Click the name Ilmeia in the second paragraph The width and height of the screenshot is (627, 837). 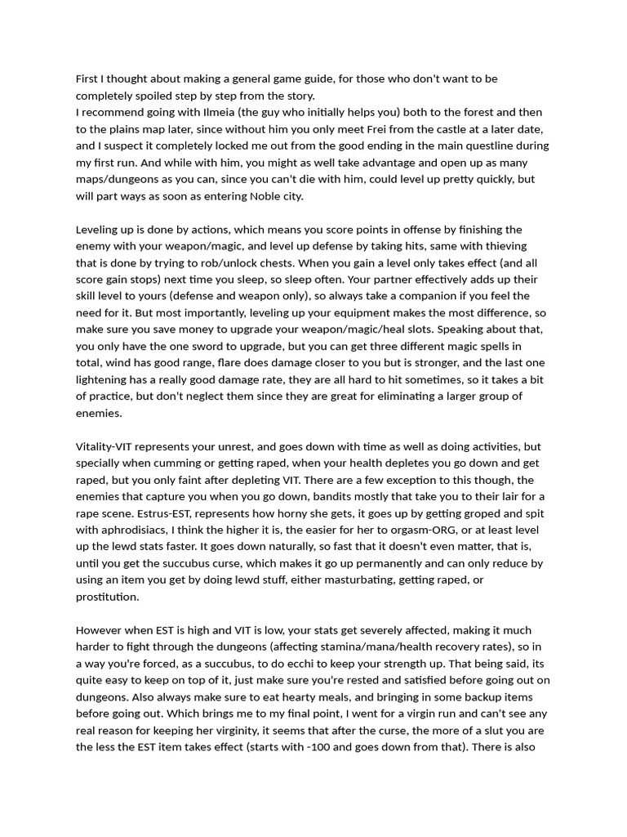tap(206, 112)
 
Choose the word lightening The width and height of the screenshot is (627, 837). tap(105, 379)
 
